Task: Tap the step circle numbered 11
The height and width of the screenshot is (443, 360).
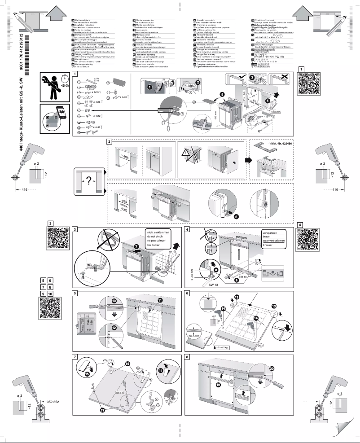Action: (160, 300)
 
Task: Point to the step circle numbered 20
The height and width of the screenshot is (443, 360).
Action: (272, 368)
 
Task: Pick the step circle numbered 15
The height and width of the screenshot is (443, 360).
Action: (87, 373)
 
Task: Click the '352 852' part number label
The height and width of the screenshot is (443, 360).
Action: (52, 401)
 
